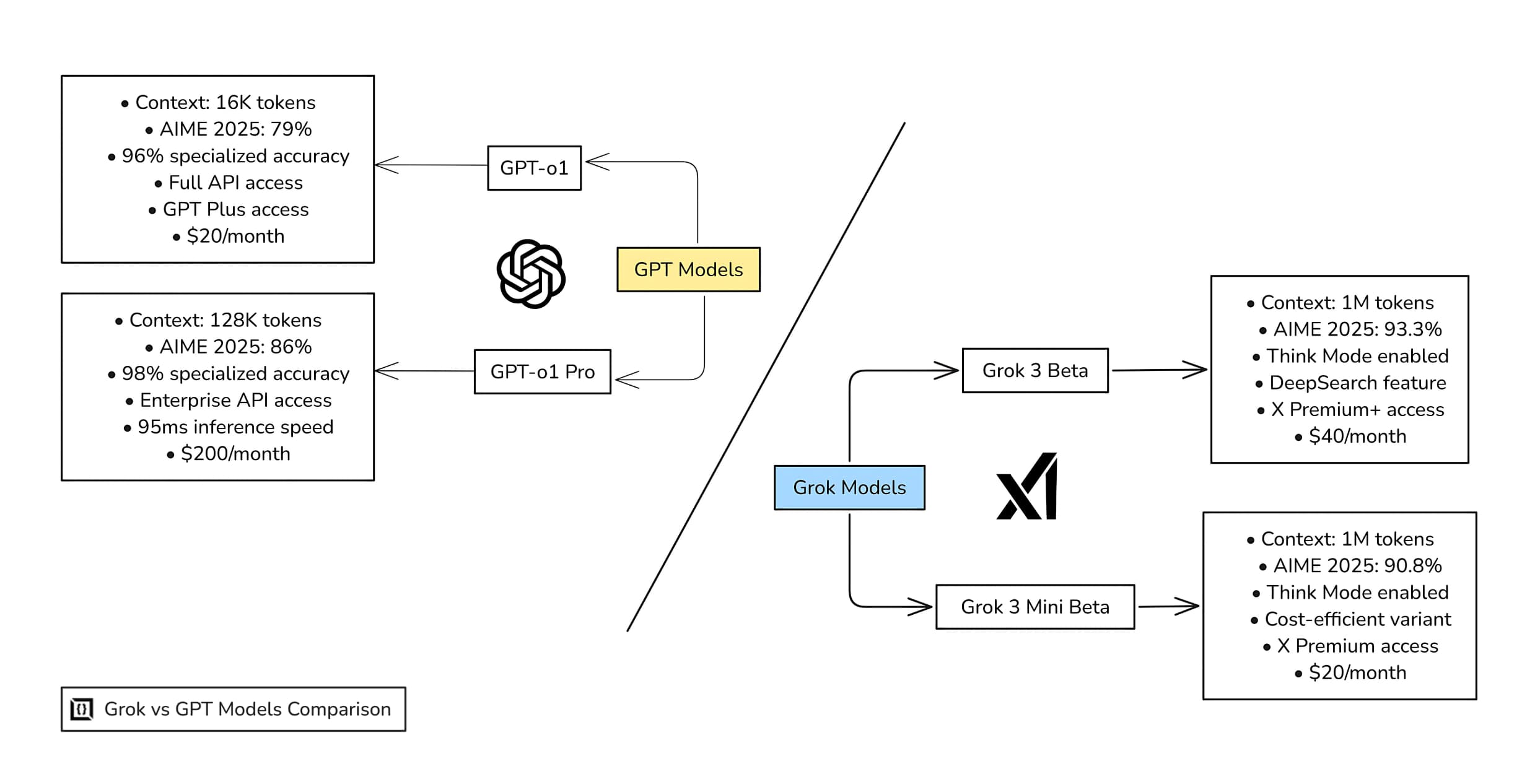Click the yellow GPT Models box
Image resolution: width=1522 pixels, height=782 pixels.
point(688,269)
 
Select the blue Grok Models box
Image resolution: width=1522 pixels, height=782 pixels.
point(849,488)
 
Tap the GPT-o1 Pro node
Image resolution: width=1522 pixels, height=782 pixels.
point(542,371)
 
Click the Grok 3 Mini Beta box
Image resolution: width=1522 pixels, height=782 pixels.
point(1034,607)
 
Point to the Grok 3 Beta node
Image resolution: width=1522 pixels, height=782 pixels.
point(1034,370)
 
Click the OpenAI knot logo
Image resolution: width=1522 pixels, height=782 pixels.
point(531,274)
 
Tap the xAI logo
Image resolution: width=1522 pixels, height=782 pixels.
point(1027,487)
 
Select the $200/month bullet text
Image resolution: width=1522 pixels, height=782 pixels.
point(235,454)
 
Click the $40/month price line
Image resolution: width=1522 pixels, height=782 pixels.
point(1357,437)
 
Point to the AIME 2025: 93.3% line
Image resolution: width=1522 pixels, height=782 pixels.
point(1357,329)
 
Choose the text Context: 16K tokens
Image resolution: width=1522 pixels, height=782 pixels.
point(225,103)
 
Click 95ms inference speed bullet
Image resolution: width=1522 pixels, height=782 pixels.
point(235,427)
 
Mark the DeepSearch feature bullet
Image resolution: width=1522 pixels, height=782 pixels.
point(1357,383)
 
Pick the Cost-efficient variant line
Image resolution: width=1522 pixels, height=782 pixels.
point(1357,619)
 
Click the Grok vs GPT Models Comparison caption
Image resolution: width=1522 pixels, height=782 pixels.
point(247,709)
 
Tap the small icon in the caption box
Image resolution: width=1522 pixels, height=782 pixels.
point(82,709)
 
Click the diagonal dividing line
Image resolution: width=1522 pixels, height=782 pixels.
point(766,378)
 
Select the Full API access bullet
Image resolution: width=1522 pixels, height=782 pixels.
point(235,183)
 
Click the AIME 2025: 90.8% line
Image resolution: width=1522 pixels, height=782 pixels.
point(1357,566)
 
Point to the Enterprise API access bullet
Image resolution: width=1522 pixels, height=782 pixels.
point(235,401)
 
